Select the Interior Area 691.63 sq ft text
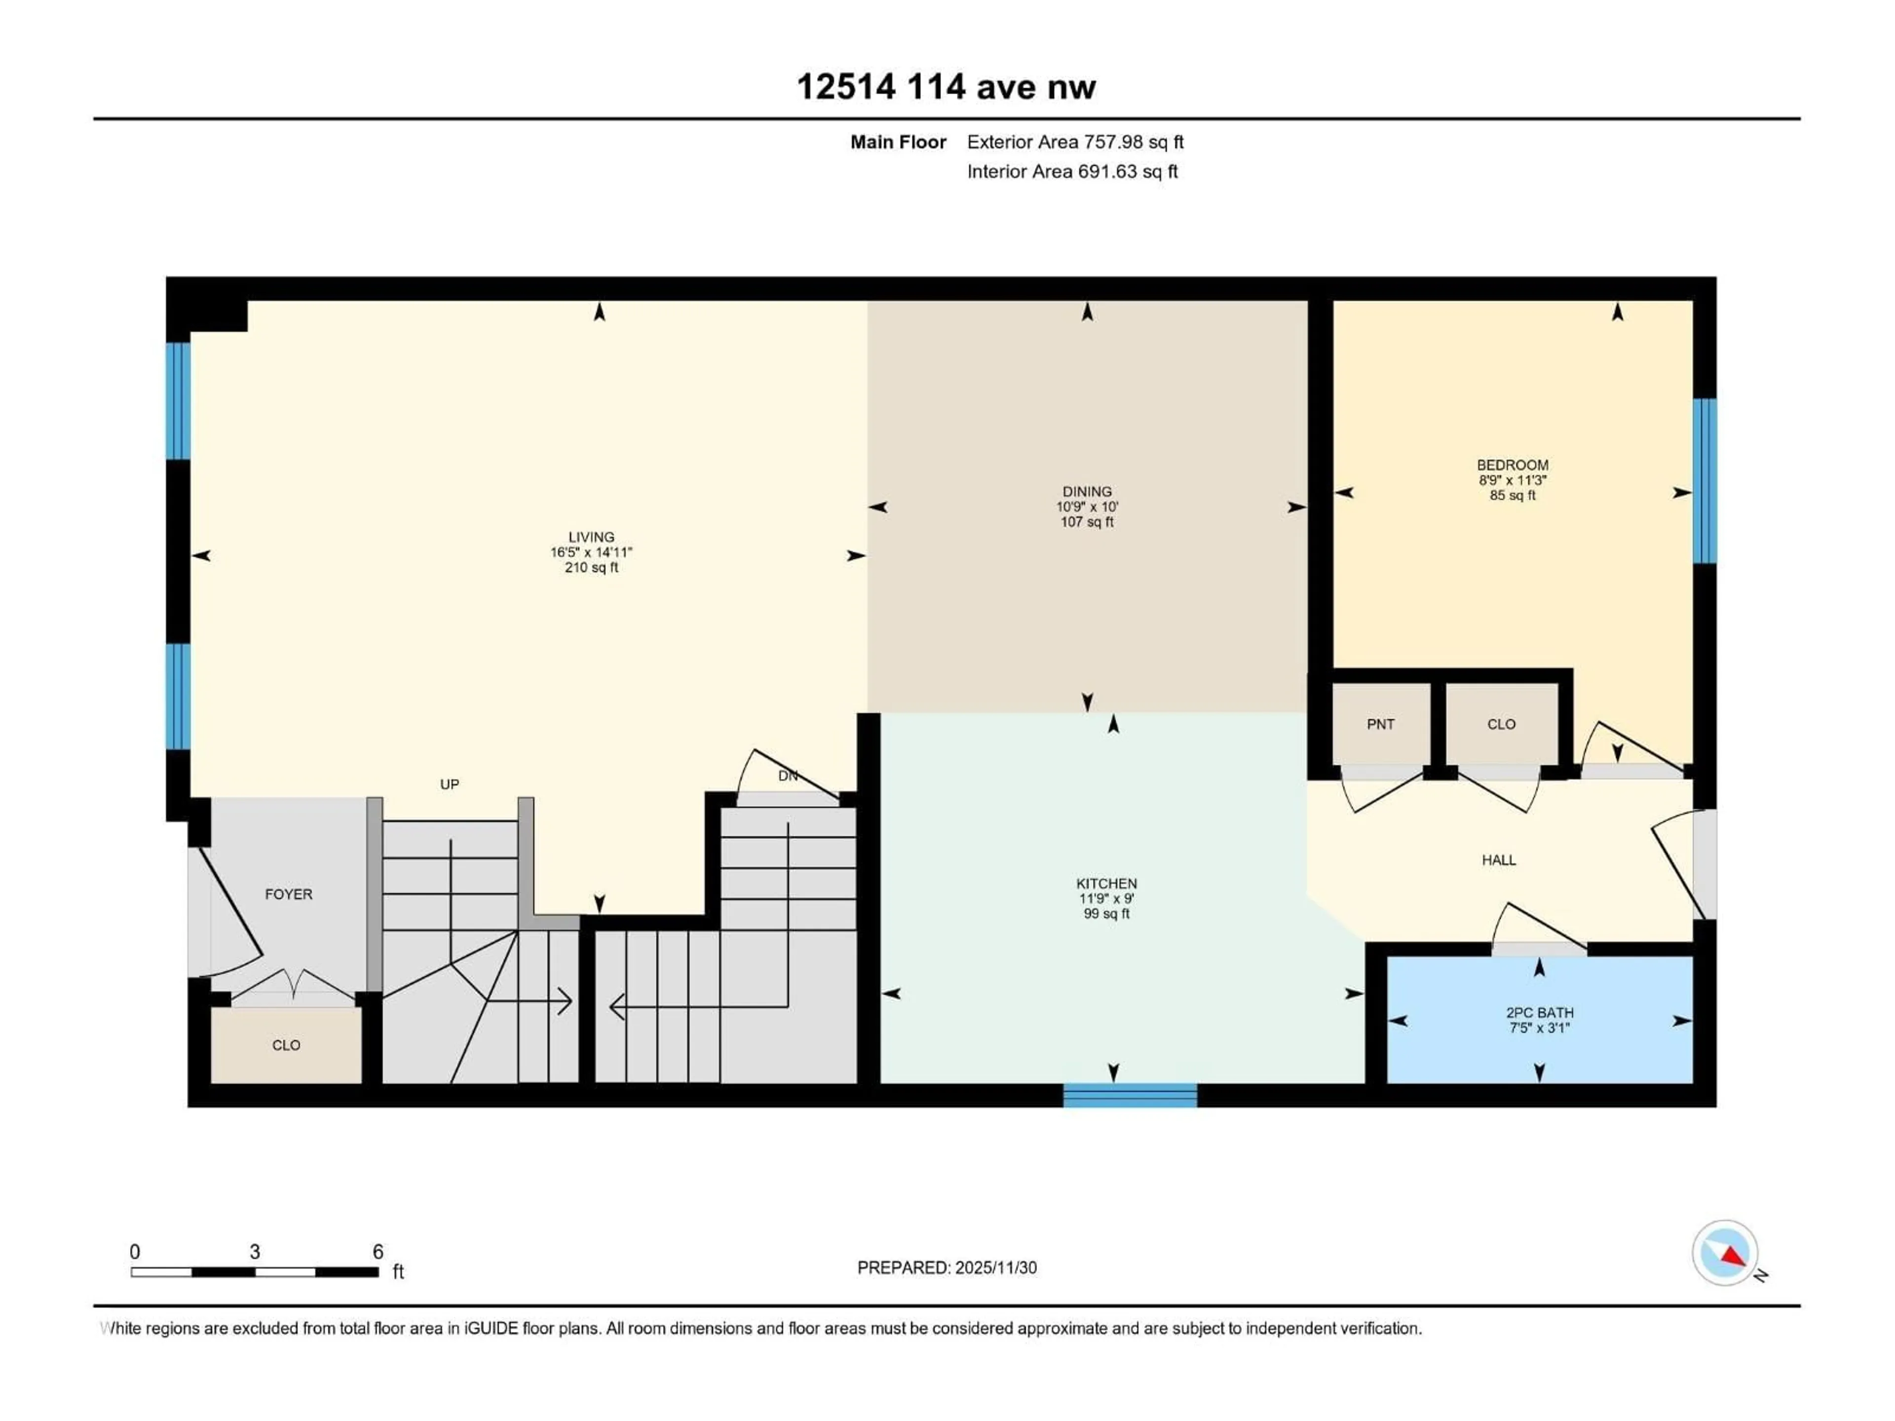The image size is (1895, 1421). (x=1072, y=171)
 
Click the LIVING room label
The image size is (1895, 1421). (x=591, y=537)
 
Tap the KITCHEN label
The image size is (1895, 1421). (x=1106, y=883)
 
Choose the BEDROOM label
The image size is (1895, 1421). (x=1512, y=465)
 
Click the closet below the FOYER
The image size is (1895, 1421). (x=286, y=1045)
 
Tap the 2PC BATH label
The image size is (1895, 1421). (x=1540, y=1012)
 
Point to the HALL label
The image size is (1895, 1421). (x=1498, y=860)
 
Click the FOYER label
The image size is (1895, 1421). (x=289, y=894)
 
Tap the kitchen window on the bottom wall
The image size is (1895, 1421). (x=1130, y=1095)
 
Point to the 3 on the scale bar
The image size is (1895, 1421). (x=255, y=1251)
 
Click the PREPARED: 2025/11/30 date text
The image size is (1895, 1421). (x=947, y=1268)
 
